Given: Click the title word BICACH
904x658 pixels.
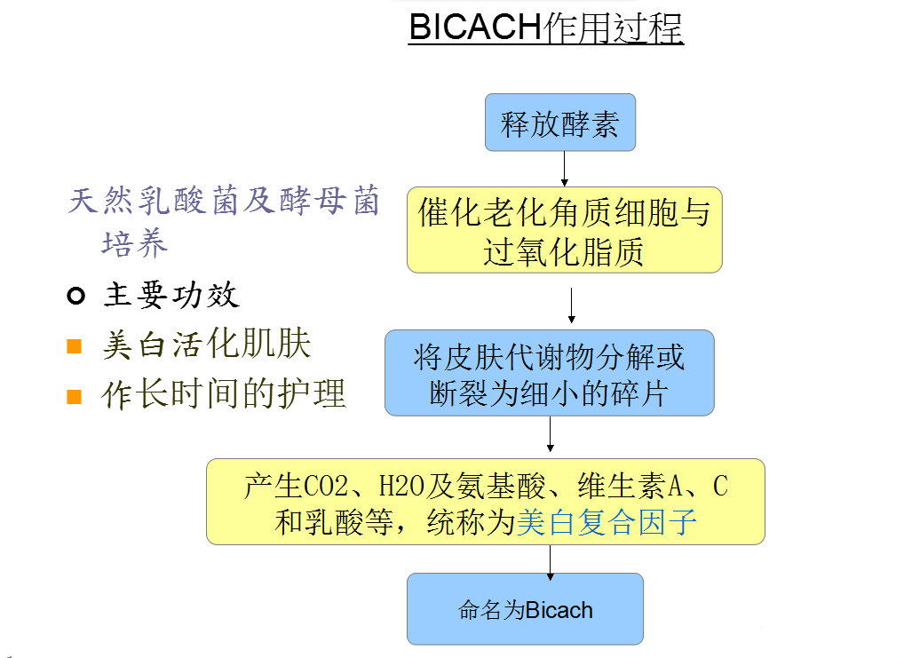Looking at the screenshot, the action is (475, 27).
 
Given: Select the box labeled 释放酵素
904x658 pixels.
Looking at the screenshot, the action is (560, 123).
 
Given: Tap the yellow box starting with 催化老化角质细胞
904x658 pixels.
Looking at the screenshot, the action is (565, 230).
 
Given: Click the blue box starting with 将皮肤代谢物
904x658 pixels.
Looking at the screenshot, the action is (550, 373).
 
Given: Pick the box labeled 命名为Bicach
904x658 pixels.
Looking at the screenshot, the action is (525, 609).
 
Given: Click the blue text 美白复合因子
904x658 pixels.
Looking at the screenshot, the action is (607, 522).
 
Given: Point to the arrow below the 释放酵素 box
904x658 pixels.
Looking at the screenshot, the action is (565, 169).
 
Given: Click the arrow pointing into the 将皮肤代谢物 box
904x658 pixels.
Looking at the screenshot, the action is (571, 305).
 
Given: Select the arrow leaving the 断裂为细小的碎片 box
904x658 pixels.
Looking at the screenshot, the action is (550, 433).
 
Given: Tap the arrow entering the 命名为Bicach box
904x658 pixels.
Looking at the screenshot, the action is (550, 562).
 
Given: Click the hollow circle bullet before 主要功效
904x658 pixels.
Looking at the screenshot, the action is (76, 296).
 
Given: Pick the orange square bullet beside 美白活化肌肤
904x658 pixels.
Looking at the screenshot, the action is (75, 346).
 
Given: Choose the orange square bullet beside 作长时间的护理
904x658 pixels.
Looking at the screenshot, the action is (75, 397).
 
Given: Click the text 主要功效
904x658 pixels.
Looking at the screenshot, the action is (171, 296).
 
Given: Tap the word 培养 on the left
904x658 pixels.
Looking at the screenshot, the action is (135, 243).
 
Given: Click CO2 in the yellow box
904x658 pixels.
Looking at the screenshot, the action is (325, 486).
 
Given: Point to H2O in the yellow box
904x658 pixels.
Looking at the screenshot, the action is (401, 486).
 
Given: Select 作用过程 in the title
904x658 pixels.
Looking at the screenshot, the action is (613, 28).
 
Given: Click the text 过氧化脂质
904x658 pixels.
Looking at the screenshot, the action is (563, 252).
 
